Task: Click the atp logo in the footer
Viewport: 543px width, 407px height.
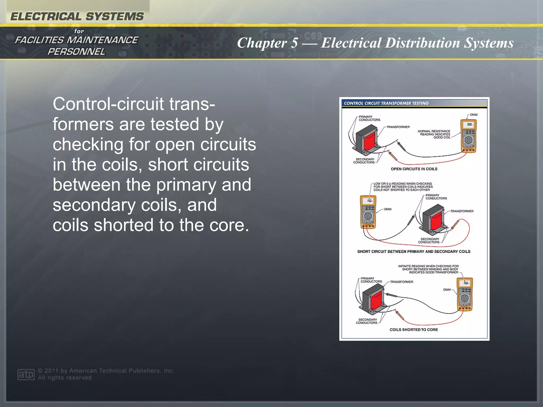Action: tap(26, 374)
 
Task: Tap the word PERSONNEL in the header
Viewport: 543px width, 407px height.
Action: tap(76, 52)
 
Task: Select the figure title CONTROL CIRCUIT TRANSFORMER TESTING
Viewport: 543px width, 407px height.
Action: tap(386, 103)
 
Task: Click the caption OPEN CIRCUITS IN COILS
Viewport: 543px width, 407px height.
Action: tap(414, 169)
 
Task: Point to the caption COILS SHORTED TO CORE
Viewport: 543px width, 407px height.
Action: tap(414, 330)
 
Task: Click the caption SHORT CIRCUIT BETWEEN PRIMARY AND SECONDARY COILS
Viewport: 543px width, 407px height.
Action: tap(414, 251)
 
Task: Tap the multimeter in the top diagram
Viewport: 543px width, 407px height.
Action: tap(468, 136)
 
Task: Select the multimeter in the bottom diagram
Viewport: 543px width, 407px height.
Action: tap(465, 294)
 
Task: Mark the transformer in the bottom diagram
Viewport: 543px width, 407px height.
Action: tap(372, 299)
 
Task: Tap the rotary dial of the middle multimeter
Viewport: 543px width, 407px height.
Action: tap(368, 216)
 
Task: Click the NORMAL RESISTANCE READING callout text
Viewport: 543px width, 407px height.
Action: tap(434, 134)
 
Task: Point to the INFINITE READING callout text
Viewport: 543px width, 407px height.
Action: tap(428, 269)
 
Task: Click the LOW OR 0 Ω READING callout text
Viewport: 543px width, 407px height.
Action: tap(403, 187)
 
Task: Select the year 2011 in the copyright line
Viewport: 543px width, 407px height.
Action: tap(51, 371)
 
